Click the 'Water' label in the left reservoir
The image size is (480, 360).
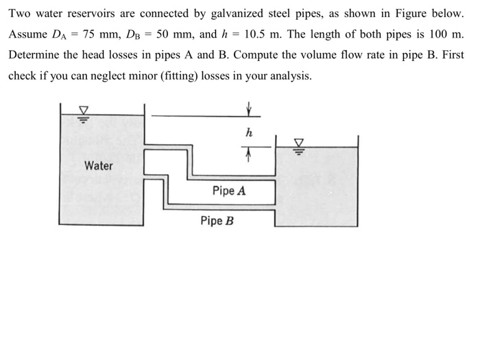pyautogui.click(x=99, y=166)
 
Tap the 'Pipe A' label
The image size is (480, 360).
pyautogui.click(x=228, y=191)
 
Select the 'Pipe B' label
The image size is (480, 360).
pyautogui.click(x=217, y=221)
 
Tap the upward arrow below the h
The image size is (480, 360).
pyautogui.click(x=248, y=158)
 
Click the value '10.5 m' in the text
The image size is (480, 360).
pyautogui.click(x=264, y=34)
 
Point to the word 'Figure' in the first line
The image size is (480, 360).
pyautogui.click(x=407, y=14)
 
